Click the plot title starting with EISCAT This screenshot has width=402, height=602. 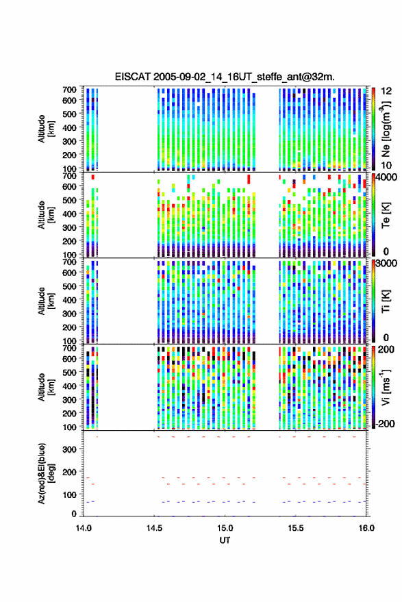(225, 77)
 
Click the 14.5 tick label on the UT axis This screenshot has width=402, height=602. (154, 528)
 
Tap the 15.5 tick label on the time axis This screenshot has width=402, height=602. (296, 528)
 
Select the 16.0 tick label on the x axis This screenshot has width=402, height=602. (366, 528)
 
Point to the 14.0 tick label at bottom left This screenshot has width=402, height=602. (84, 528)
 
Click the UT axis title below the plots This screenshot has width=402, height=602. (225, 540)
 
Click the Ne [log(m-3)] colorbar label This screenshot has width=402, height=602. (386, 128)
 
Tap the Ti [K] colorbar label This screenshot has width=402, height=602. (386, 301)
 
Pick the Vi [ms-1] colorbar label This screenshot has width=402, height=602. (386, 387)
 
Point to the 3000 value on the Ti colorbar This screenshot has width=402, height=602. (387, 264)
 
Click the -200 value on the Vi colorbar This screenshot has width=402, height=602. (386, 423)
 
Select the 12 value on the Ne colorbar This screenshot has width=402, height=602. (386, 91)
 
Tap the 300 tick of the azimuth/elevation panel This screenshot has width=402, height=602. (69, 449)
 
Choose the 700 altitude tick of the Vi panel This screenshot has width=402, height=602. (69, 348)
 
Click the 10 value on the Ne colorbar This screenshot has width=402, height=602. (386, 165)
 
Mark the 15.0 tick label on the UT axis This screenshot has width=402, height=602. (225, 528)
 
